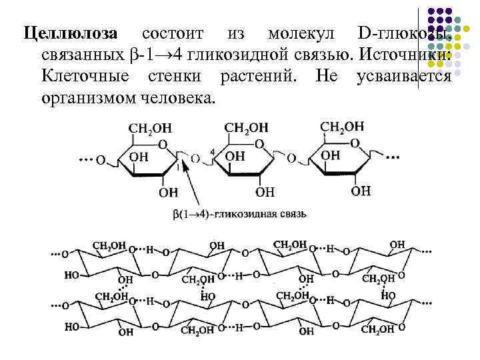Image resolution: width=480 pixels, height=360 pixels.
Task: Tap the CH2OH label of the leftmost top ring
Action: pos(149,129)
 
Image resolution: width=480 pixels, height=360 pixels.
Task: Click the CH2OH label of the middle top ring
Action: pos(246,127)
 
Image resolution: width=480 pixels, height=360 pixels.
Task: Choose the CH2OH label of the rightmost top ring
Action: pos(343,127)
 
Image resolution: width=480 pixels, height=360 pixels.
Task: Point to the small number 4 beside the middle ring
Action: pos(212,152)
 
